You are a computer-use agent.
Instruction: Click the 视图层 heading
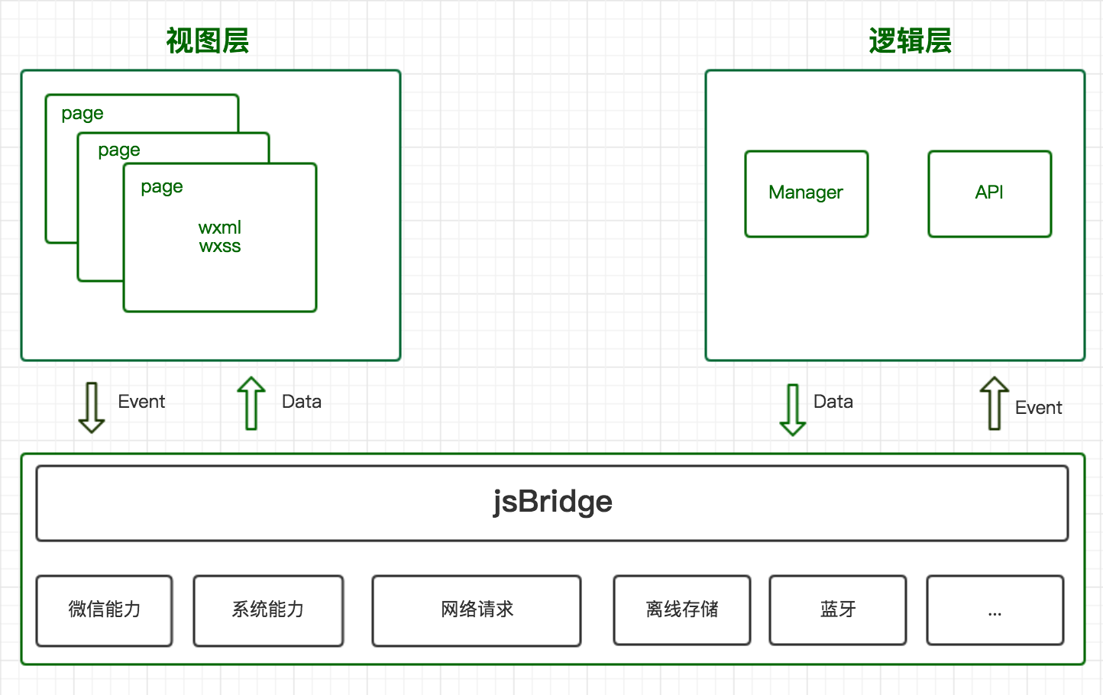[208, 41]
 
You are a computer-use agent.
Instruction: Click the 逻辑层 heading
[910, 41]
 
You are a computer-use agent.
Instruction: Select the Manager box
[806, 193]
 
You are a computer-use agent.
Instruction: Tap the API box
[989, 193]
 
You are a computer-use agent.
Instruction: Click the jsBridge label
[552, 502]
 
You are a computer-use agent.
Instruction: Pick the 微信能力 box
[105, 609]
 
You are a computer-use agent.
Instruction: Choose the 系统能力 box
[268, 609]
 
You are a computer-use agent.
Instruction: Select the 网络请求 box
[477, 609]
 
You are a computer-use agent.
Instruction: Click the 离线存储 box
[681, 609]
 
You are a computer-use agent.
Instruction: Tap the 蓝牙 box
[838, 609]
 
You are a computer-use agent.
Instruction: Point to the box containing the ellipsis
[995, 609]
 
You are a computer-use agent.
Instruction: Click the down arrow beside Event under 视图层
[92, 408]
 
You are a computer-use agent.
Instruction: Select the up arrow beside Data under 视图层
[251, 403]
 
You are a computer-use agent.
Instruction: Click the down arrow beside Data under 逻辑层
[793, 409]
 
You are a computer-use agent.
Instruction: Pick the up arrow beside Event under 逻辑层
[995, 403]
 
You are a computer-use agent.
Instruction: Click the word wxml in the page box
[220, 228]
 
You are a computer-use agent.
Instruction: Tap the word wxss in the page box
[220, 247]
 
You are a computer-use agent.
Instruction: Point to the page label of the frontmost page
[162, 187]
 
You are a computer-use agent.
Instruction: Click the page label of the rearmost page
[82, 114]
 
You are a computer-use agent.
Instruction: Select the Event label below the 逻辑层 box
[1038, 408]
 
